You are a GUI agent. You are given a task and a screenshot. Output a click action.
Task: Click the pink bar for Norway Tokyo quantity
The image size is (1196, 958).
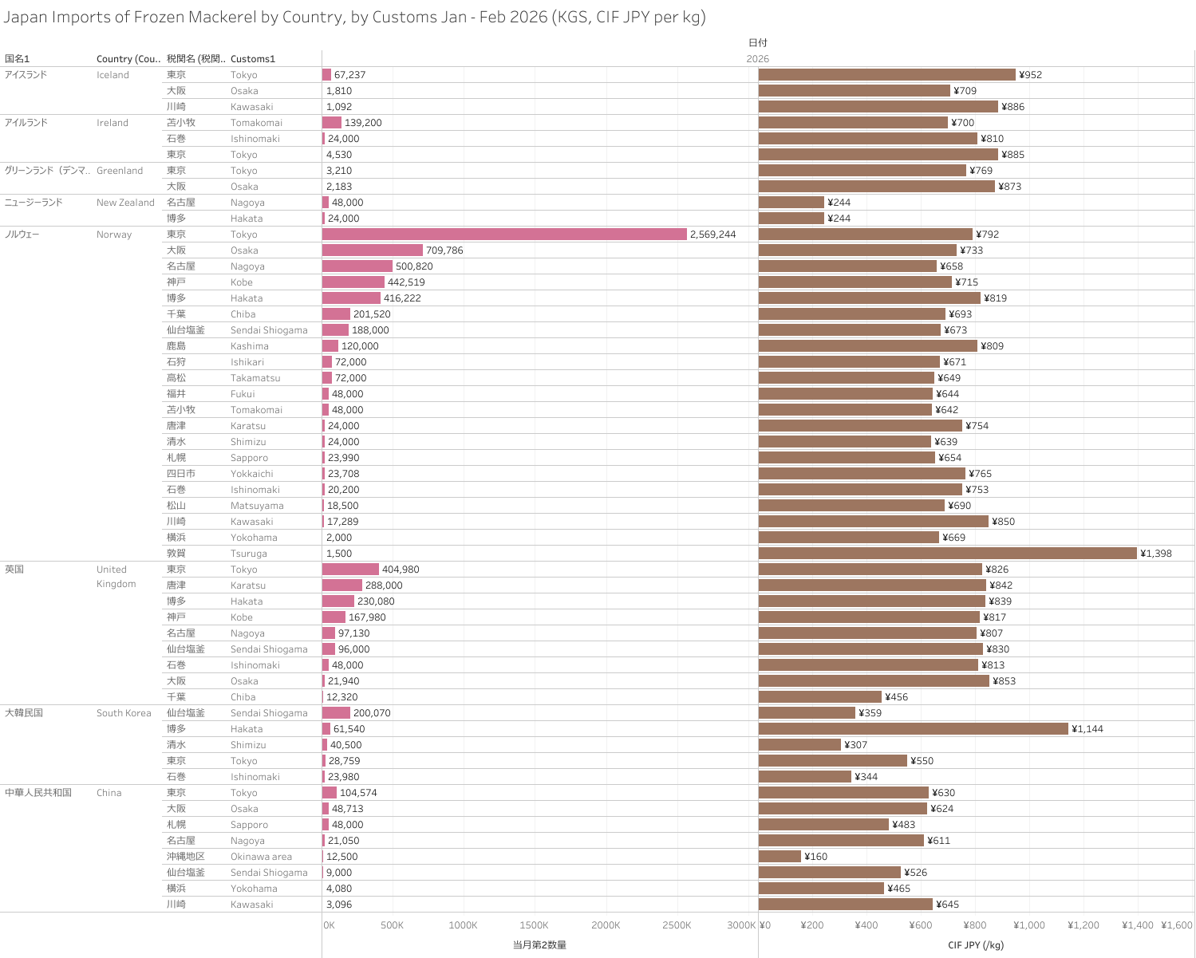click(504, 235)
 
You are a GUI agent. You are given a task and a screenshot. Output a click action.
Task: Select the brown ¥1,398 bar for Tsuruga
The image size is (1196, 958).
click(947, 554)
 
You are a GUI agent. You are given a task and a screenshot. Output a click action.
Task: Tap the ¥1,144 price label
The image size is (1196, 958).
click(1087, 729)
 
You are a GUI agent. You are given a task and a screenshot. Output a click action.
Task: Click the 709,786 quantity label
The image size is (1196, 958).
click(444, 250)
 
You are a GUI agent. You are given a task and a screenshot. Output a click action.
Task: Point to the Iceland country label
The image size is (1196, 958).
click(112, 75)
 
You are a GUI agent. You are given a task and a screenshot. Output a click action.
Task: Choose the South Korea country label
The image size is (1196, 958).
click(124, 713)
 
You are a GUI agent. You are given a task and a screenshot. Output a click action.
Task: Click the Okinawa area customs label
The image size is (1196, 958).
click(261, 857)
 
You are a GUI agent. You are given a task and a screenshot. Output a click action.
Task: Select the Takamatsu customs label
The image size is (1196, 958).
click(255, 378)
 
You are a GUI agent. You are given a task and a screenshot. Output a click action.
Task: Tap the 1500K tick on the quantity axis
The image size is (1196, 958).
click(534, 925)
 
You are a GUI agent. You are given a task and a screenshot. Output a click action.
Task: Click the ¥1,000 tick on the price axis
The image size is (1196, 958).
click(1029, 925)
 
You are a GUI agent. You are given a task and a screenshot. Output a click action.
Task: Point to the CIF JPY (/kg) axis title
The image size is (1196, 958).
click(976, 945)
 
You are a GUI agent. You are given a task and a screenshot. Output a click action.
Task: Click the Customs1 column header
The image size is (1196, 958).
click(252, 59)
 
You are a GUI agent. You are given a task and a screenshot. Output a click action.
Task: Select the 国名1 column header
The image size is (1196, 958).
click(17, 59)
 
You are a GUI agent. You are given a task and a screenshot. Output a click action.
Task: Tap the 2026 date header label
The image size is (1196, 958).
click(758, 59)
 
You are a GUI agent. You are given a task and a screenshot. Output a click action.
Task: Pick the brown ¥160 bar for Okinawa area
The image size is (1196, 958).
click(780, 857)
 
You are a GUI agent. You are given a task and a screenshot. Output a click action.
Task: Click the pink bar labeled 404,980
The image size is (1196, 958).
click(350, 570)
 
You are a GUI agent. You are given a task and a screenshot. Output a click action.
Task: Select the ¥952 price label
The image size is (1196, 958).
click(1031, 75)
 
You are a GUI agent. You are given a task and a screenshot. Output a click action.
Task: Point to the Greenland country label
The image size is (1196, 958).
click(120, 171)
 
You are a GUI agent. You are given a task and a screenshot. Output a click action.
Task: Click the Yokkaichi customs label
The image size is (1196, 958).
click(252, 474)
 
